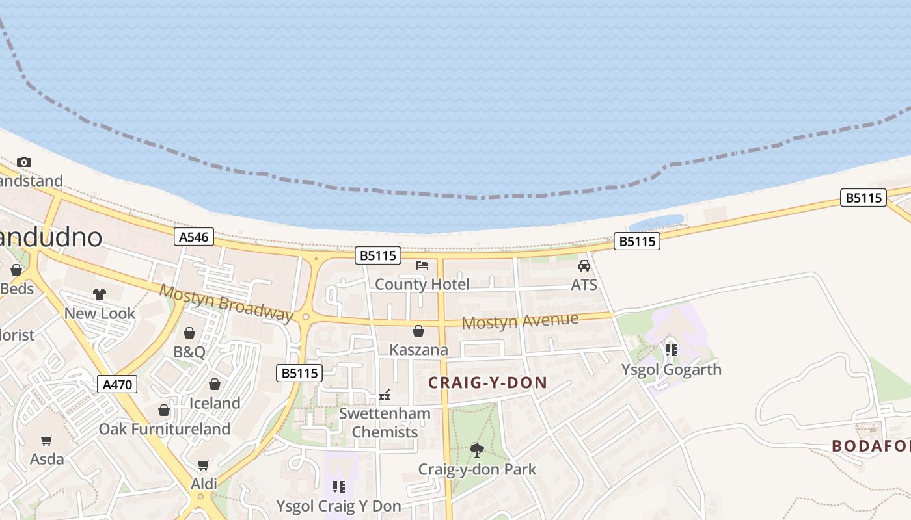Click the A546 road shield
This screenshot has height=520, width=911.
tap(194, 237)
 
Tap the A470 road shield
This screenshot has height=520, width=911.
tap(118, 384)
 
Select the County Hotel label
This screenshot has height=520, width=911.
tap(422, 285)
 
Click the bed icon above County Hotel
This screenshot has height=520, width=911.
tap(422, 265)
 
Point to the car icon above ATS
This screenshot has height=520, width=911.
tap(584, 266)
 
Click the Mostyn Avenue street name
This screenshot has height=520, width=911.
tap(519, 321)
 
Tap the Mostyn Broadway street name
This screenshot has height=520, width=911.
tap(226, 303)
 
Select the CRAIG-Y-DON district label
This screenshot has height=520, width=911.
tap(487, 383)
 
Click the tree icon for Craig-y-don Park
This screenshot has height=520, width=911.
tap(477, 450)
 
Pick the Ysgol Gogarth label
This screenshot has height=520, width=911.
tap(671, 370)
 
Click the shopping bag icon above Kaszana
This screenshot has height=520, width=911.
tap(418, 331)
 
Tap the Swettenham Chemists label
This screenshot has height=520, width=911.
tap(385, 422)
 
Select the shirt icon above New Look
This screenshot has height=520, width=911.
tap(99, 294)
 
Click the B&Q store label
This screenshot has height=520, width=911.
tap(189, 352)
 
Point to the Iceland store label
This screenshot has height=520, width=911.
tap(215, 403)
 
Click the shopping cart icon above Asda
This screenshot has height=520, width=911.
tap(47, 441)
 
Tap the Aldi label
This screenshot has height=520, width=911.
tap(204, 484)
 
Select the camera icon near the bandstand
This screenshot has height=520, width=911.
tap(24, 162)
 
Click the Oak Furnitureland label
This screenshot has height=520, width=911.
tap(164, 429)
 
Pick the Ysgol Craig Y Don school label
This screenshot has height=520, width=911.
tap(338, 506)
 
